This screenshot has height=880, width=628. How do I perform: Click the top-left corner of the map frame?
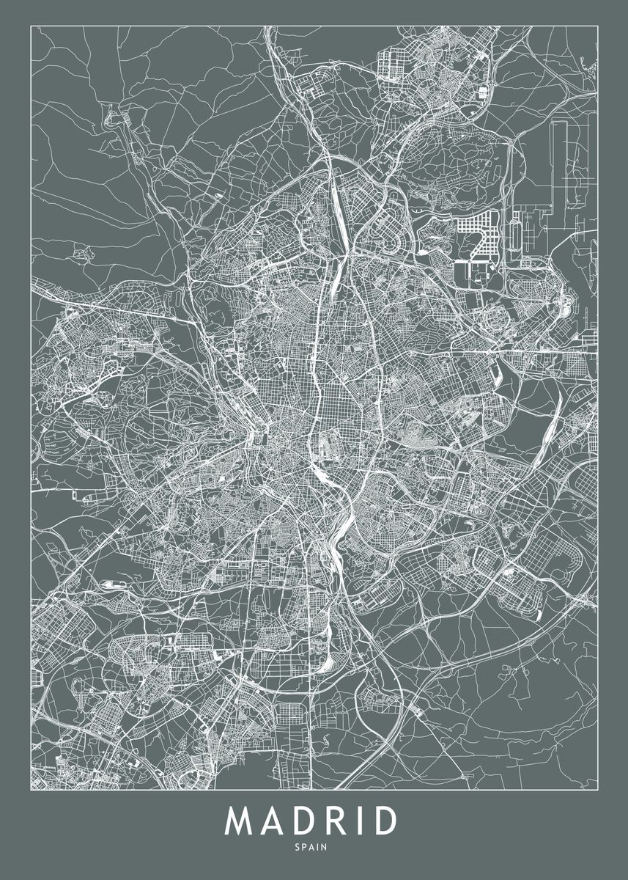tap(31, 26)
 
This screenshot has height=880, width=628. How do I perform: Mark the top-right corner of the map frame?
tap(598, 26)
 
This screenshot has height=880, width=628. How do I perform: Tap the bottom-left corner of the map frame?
tap(31, 790)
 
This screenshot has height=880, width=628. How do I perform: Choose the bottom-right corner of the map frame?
tap(598, 790)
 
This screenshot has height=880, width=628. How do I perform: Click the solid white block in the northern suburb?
tap(482, 92)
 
